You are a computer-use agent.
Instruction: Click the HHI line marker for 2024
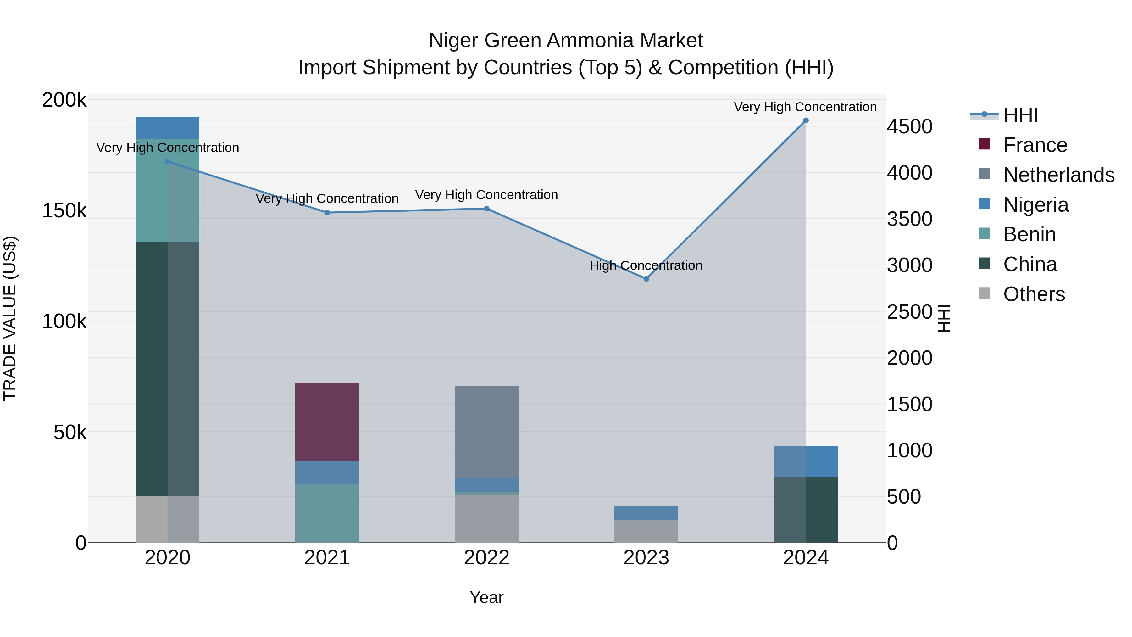tap(806, 120)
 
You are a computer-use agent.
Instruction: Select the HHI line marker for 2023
tap(646, 279)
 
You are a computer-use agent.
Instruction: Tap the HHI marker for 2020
tap(167, 162)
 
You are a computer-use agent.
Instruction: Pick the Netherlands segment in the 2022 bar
tap(486, 432)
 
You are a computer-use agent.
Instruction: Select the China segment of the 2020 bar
tap(167, 369)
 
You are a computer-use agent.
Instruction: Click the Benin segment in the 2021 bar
tap(327, 513)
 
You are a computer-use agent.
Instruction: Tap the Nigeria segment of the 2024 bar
tap(806, 461)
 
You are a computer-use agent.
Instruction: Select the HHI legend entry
tap(1020, 115)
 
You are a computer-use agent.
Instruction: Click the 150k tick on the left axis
tap(64, 210)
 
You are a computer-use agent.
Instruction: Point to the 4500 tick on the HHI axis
tap(909, 126)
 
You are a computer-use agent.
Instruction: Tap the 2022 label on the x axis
tap(486, 558)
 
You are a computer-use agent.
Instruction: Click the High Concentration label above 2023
tap(646, 265)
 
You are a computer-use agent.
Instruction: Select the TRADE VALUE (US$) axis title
tap(10, 318)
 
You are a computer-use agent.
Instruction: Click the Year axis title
tap(486, 597)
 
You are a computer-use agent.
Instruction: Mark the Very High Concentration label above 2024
tap(805, 107)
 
